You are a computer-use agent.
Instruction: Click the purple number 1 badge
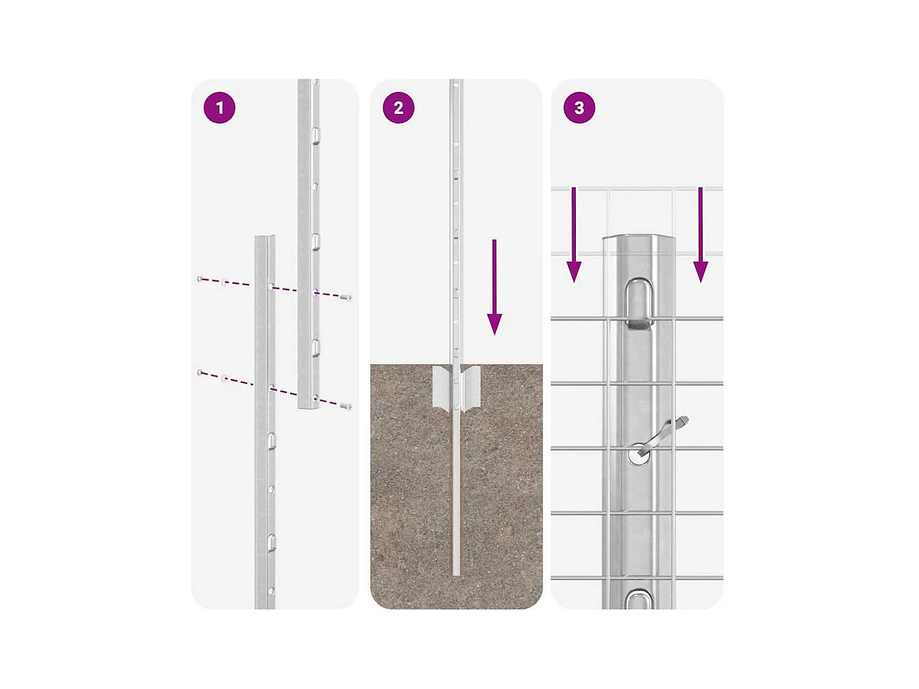tap(219, 108)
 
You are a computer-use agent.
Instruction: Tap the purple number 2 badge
tap(399, 108)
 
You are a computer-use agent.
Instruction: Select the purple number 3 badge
tap(579, 108)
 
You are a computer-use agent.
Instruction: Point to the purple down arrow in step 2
tap(494, 287)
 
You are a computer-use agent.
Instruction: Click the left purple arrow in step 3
tap(573, 235)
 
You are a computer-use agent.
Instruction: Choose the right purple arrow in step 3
tap(700, 235)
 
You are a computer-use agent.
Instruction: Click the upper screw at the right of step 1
tap(346, 298)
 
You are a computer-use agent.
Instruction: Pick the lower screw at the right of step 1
tap(346, 406)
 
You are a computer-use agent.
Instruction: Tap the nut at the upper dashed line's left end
tap(200, 278)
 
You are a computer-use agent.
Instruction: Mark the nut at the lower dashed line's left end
tap(200, 372)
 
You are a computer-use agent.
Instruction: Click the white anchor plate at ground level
tap(456, 388)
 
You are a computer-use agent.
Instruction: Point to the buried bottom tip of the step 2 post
tap(456, 574)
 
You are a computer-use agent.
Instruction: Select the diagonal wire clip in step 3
tap(663, 435)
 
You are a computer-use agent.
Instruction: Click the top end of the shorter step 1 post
tap(265, 238)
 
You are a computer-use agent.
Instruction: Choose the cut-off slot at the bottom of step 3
tap(638, 598)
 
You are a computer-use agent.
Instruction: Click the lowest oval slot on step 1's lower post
tap(271, 543)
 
